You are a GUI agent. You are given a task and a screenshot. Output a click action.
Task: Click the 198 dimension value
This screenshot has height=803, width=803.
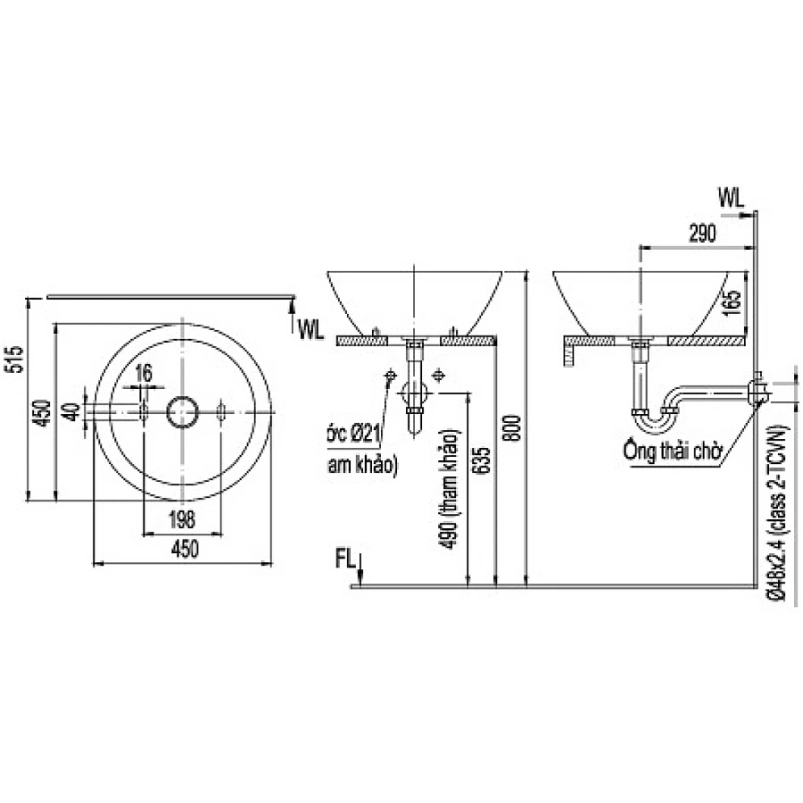(182, 519)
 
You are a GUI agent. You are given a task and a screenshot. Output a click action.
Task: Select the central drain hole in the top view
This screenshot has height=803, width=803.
(184, 411)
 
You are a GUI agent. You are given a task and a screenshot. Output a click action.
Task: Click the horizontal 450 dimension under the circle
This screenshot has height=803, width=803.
(183, 551)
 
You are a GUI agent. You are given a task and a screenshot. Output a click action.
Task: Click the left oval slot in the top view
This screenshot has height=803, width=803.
(144, 411)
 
